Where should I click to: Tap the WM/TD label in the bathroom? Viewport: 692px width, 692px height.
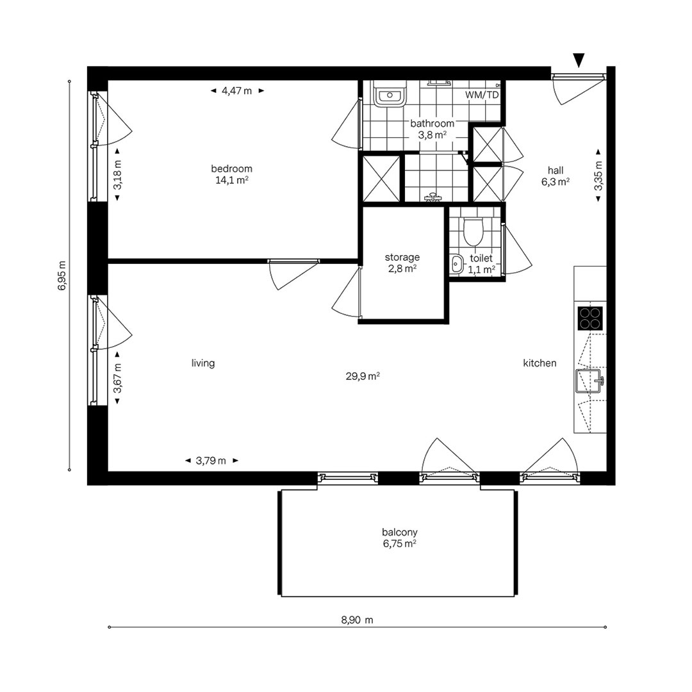tap(481, 95)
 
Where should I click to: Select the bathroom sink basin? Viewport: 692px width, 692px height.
tap(390, 94)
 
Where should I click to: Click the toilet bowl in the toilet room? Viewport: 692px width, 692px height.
tap(473, 232)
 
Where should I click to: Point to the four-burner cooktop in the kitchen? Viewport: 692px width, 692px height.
tap(590, 318)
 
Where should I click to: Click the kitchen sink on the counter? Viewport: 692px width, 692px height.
tap(589, 381)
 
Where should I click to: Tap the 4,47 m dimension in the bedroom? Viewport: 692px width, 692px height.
tap(237, 91)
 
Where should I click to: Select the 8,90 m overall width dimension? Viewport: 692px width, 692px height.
tap(357, 620)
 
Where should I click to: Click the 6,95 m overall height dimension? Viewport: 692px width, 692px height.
tap(62, 276)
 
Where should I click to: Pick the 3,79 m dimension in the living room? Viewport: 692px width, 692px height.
tap(211, 461)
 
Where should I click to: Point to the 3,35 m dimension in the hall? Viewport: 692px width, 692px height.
tap(598, 175)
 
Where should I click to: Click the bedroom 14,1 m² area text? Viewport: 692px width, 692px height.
tap(232, 180)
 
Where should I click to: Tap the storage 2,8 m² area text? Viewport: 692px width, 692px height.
tap(402, 268)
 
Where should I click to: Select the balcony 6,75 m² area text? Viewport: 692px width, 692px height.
tap(400, 544)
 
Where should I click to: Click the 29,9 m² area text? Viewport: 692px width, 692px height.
tap(363, 377)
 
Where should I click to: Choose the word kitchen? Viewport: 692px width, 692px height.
tap(540, 363)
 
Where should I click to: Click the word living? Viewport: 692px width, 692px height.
tap(203, 363)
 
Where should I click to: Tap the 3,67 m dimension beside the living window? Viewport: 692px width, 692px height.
tap(117, 378)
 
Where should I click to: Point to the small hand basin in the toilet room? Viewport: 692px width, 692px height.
tap(457, 264)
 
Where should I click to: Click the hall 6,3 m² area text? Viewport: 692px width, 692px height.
tap(556, 181)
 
